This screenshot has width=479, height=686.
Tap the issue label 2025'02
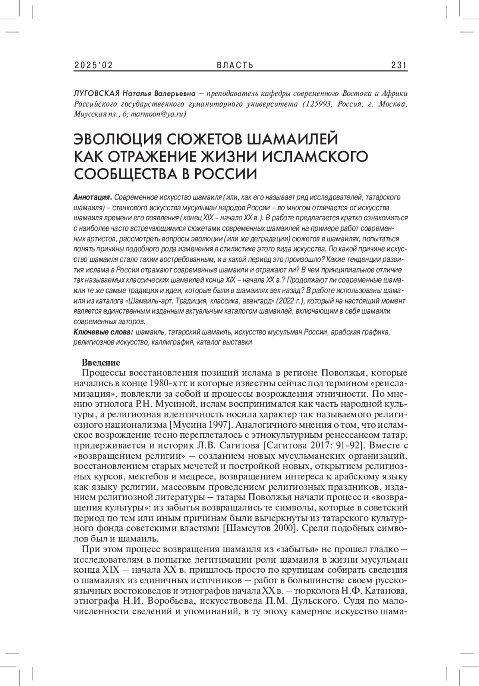coord(93,65)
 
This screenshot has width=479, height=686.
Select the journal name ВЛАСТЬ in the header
coord(235,65)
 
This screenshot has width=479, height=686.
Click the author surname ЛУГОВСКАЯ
coord(97,94)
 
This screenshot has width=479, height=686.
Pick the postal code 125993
coord(317,104)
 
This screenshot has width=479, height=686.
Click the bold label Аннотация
coord(92,198)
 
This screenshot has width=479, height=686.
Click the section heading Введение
coord(101,362)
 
